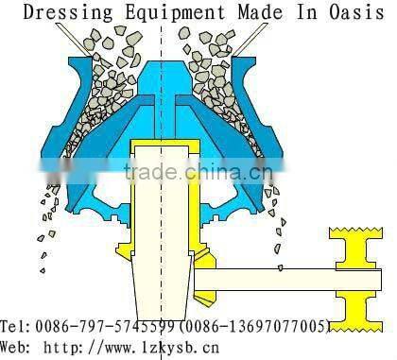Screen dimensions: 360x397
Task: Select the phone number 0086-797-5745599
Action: (107, 326)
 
